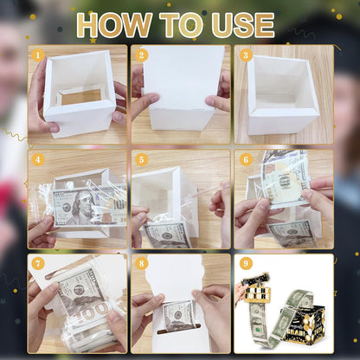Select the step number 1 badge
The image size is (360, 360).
(x=37, y=55)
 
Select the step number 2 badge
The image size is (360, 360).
(x=142, y=55)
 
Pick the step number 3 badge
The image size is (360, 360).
(x=245, y=55)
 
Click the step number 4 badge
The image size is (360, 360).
(x=37, y=159)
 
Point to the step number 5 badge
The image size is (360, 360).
(x=142, y=159)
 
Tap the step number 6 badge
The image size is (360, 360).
(x=245, y=159)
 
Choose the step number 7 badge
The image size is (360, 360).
(x=37, y=263)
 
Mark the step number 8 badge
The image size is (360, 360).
(x=142, y=263)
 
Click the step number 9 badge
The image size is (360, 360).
(x=245, y=263)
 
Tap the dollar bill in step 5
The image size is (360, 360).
(x=169, y=232)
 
